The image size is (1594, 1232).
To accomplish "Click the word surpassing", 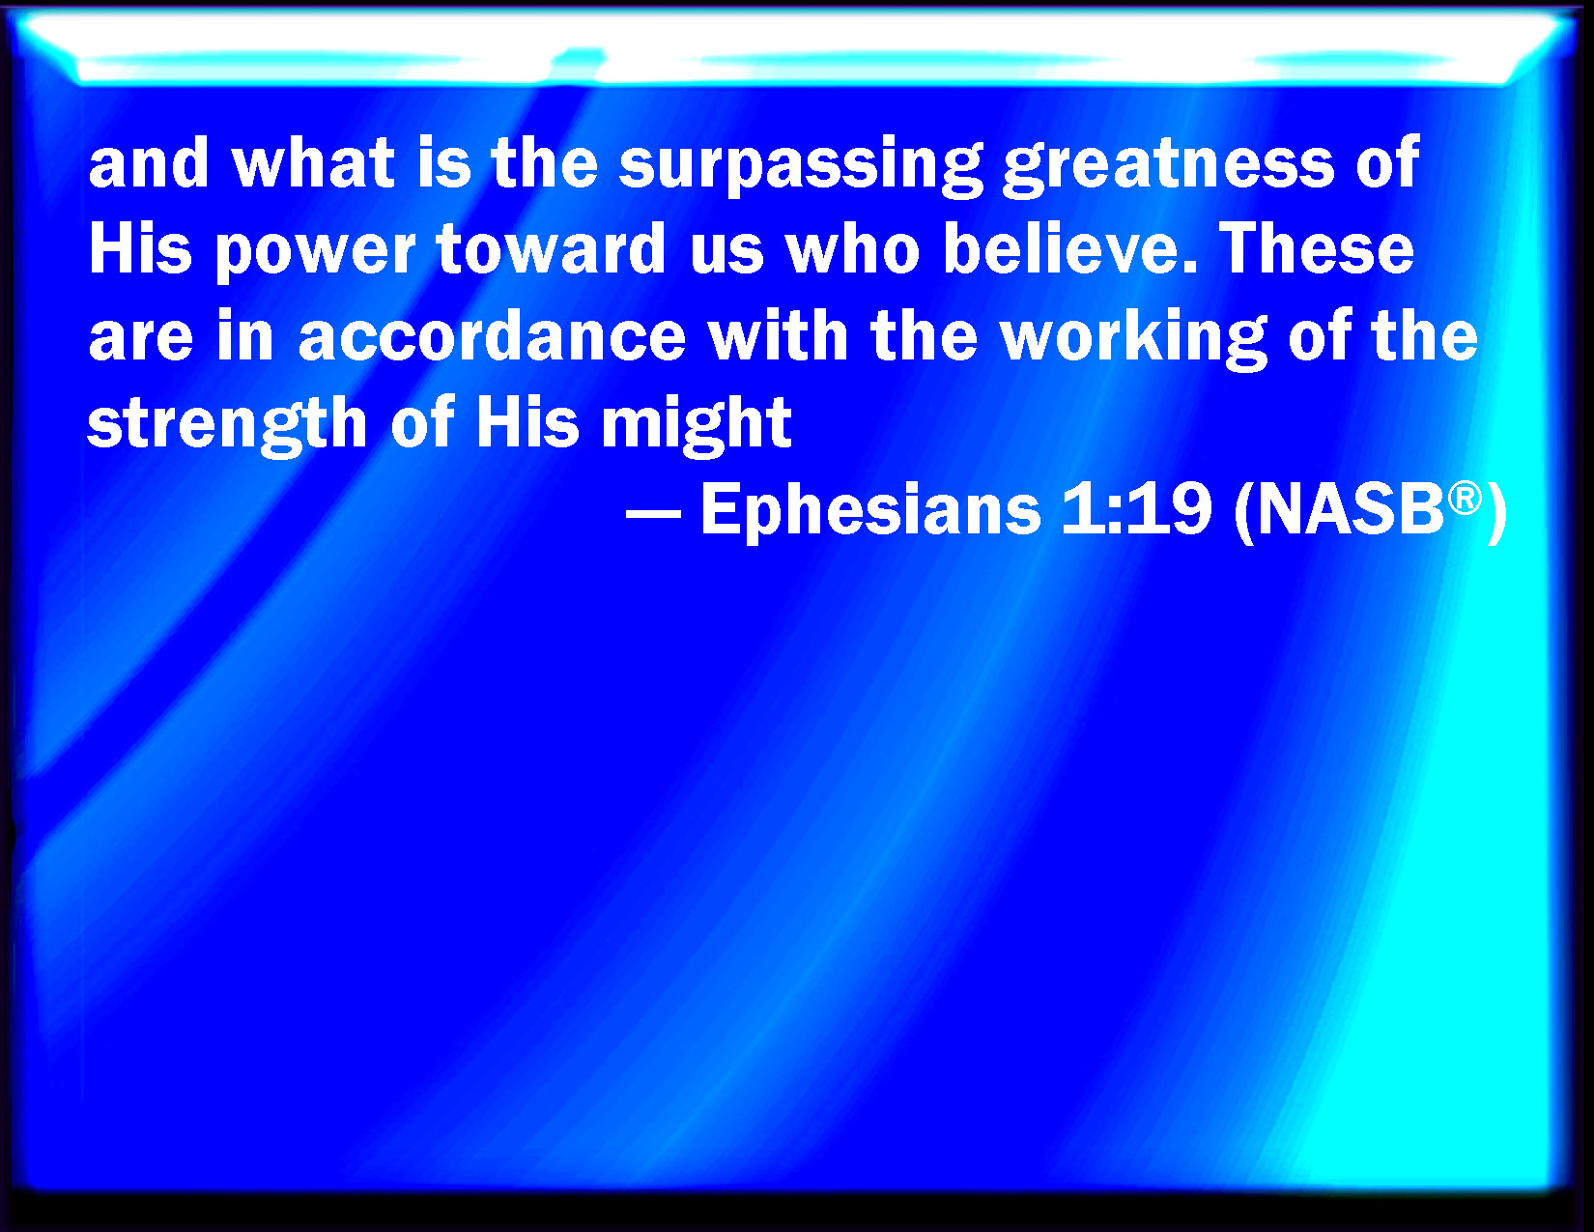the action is click(800, 166).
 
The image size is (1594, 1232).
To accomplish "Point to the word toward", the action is click(551, 248).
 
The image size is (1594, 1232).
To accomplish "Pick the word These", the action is click(1316, 248).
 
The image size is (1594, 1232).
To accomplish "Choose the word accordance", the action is click(493, 335).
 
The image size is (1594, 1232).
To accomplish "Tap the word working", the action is click(1134, 338).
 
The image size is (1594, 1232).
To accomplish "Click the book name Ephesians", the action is click(870, 511).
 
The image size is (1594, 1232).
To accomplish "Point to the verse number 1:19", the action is click(1136, 509).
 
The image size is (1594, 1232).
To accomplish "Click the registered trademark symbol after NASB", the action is click(1465, 499).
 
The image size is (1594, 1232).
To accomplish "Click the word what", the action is click(314, 162).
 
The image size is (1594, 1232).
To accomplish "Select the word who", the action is click(853, 248).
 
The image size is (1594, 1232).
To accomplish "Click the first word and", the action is click(149, 162).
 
